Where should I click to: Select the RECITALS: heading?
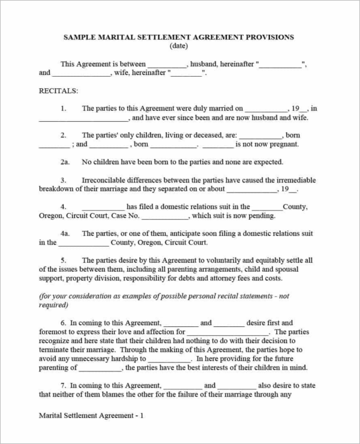tap(58, 91)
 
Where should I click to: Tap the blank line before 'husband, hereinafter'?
tap(167, 65)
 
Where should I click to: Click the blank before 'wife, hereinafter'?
tap(81, 74)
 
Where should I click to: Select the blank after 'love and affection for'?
tap(228, 332)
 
